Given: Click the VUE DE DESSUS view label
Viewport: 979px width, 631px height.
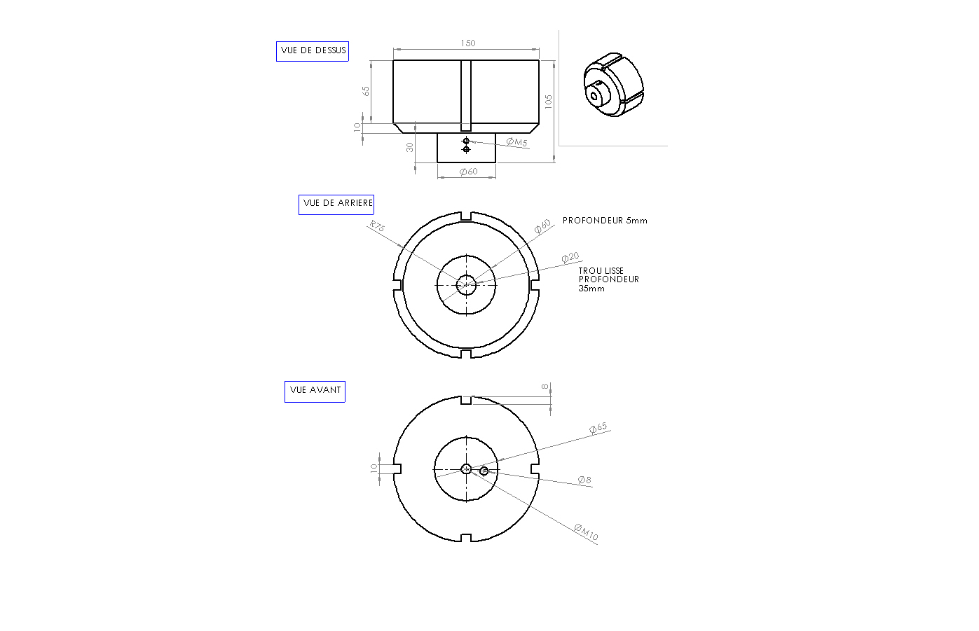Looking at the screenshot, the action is coord(313,51).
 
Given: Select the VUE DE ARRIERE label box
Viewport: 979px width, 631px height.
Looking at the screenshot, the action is coord(336,204).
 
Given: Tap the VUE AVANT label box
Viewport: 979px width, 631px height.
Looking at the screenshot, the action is coord(315,391).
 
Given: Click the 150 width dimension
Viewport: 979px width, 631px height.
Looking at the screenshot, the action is coord(467,43).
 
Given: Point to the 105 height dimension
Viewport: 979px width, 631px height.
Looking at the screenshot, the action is coord(549,102).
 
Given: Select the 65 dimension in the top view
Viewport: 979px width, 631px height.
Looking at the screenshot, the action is coord(366,91).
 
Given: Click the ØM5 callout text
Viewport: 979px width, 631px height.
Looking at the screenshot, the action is coord(517,142).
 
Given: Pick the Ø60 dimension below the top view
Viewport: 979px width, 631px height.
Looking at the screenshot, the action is coord(469,172).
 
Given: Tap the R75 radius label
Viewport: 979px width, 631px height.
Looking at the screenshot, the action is coord(377,226).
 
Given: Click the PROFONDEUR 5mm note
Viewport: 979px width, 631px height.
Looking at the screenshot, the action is coord(605,221).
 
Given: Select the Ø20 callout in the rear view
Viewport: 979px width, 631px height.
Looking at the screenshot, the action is coord(570,257).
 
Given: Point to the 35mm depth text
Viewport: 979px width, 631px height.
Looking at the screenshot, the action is coord(591,289).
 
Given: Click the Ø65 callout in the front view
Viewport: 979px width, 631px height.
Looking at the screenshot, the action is coord(598,428).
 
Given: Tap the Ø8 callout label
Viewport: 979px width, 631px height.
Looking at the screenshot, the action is coord(584,480).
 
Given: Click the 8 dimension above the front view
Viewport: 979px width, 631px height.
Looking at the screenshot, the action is coord(545,387).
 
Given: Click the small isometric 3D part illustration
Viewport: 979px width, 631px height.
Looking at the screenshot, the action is coord(614,85).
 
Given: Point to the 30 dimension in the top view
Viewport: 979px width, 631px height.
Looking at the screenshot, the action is coord(409,148).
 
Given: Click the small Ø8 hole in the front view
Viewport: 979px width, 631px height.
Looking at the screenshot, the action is coord(484,471).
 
